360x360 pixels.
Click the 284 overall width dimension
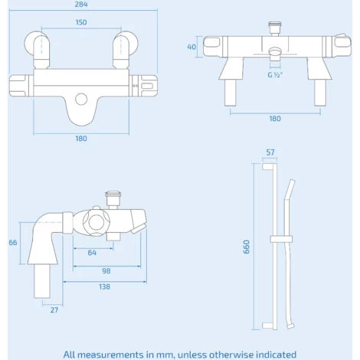point(81,5)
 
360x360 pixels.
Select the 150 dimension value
point(81,22)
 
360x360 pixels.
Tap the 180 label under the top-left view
point(81,139)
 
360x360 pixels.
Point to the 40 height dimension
point(191,47)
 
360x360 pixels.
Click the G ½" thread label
point(275,75)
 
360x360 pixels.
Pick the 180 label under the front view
point(275,119)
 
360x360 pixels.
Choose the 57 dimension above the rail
point(270,152)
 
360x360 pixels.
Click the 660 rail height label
point(247,247)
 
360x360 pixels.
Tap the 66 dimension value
point(13,242)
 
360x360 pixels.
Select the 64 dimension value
point(92,253)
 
